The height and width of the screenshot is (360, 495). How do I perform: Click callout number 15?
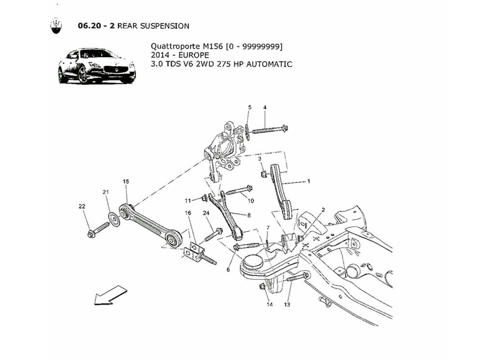point(126,181)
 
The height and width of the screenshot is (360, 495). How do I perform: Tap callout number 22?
point(81,207)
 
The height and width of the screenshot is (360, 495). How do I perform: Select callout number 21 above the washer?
point(106,193)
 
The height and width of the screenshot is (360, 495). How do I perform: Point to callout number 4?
point(265,108)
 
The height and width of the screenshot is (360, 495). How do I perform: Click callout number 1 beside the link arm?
point(309,182)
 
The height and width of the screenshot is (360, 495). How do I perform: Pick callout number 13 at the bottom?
point(287,305)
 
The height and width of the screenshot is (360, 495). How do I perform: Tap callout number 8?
point(248,215)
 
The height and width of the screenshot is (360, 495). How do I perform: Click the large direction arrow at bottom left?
point(107,295)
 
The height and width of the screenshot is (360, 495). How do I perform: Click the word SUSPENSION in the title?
point(165,26)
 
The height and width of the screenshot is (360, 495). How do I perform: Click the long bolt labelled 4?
point(269,130)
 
